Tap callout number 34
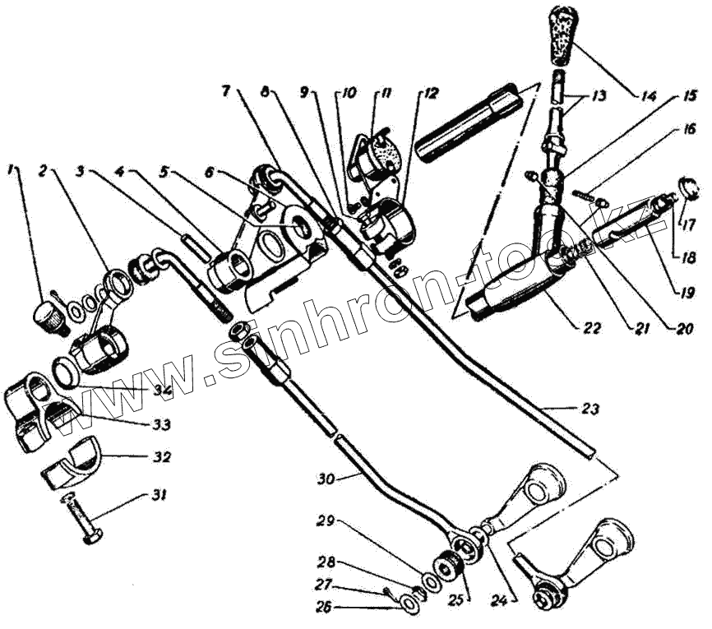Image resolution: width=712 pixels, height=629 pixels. [161, 390]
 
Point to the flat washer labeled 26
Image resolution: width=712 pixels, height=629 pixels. [409, 606]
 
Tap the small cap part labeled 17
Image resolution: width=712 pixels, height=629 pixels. [690, 186]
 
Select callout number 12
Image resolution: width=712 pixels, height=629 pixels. [428, 93]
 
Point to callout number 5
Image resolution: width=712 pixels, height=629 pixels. [165, 172]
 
